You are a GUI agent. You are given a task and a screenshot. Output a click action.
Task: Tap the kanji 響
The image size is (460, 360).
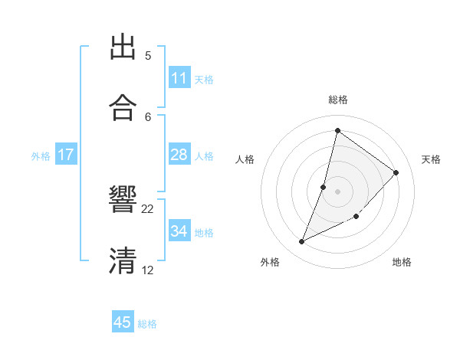(x=123, y=201)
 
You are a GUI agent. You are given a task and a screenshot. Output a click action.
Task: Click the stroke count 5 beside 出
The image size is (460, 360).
(x=148, y=55)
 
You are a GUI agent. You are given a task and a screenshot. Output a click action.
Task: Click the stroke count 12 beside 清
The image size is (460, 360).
(x=148, y=270)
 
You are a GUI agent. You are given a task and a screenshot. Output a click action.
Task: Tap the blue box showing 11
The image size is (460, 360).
(x=179, y=78)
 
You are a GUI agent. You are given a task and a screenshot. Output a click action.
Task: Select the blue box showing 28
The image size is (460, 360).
(x=179, y=155)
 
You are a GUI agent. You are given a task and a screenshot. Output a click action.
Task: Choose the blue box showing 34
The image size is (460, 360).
(x=179, y=231)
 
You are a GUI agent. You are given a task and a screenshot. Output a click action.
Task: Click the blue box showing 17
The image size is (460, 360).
(x=66, y=155)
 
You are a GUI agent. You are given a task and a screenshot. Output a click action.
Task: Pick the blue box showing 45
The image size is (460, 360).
(x=123, y=322)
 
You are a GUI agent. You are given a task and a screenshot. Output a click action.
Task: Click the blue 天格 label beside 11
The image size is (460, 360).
(x=204, y=79)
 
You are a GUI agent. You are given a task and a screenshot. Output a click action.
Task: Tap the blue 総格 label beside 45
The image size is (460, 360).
(x=147, y=324)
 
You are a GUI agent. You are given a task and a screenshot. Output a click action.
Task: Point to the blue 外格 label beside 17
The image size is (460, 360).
(x=41, y=156)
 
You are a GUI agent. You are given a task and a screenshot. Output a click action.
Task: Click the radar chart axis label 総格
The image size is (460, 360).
(x=338, y=100)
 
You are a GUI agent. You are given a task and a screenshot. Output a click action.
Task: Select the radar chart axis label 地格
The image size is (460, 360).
(x=402, y=263)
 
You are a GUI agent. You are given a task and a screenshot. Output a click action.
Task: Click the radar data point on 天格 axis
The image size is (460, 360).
(x=396, y=172)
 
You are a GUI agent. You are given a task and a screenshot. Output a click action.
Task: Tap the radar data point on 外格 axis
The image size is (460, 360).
(x=302, y=242)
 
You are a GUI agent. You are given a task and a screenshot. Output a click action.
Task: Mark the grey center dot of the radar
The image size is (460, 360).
(x=338, y=191)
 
